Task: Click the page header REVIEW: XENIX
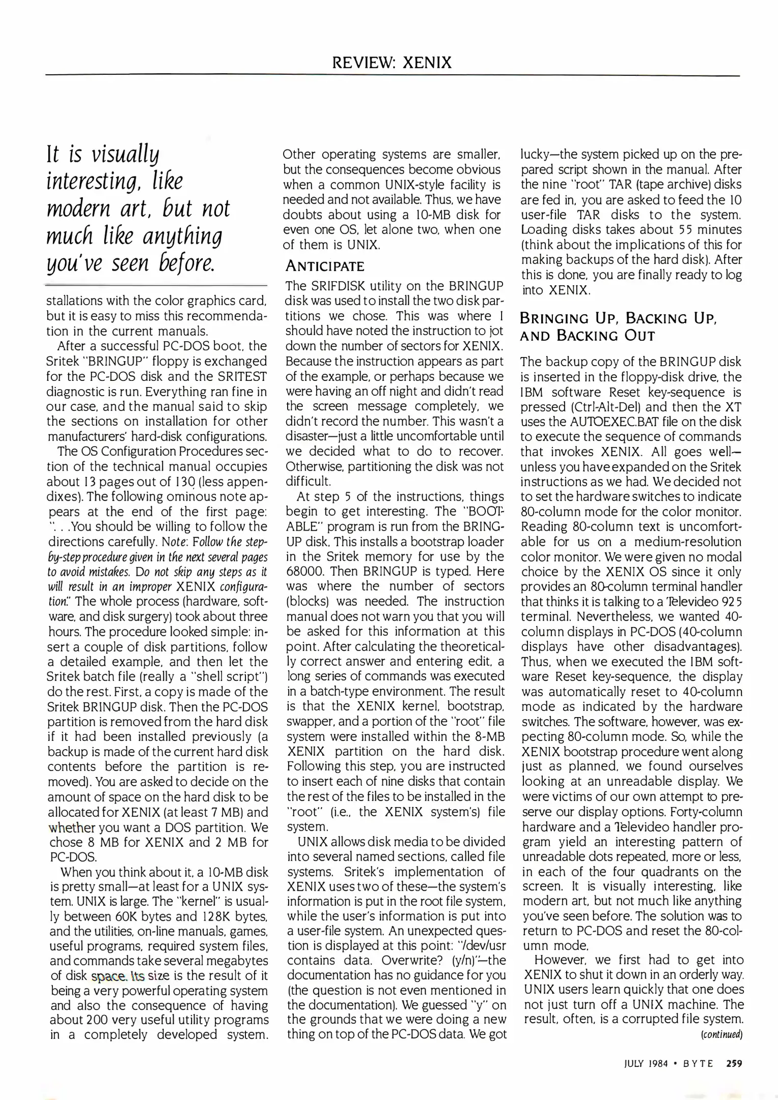392,63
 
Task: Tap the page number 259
734,1063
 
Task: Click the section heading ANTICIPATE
325,266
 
